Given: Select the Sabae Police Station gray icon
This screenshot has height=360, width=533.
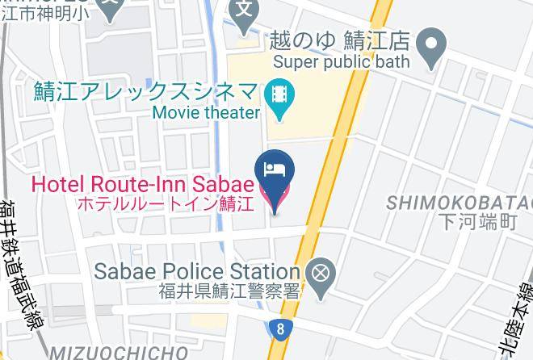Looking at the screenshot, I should click(321, 272).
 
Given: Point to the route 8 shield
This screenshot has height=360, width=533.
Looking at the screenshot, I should click(279, 328).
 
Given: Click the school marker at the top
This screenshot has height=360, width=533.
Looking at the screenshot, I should click(243, 11).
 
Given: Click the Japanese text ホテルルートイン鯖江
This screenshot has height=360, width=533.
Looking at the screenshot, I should click(166, 203).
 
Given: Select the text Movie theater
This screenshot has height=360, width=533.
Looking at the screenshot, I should click(206, 113).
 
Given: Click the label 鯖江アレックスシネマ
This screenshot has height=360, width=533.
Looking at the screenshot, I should click(146, 91).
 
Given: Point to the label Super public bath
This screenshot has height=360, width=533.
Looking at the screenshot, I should click(342, 61).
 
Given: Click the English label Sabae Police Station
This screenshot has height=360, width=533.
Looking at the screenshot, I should click(198, 271).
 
